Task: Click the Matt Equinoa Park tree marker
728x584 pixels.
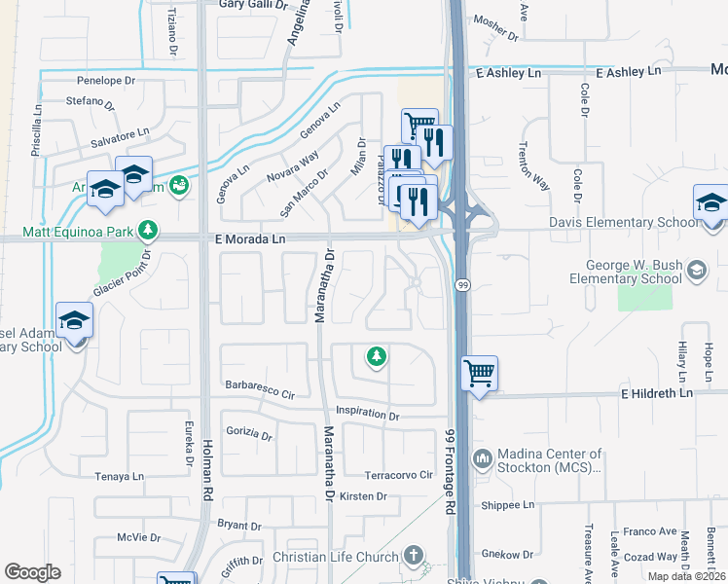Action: [147, 231]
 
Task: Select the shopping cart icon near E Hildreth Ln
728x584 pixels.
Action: [479, 373]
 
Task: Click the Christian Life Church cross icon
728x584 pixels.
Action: [414, 556]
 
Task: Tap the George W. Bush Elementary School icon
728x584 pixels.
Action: [696, 269]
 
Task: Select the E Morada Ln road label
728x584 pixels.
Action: [250, 238]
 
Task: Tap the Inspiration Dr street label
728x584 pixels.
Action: [368, 415]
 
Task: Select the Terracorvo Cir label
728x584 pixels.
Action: [397, 475]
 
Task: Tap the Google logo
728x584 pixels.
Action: [33, 572]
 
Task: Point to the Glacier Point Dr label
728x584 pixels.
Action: [122, 275]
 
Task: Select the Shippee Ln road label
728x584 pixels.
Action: [508, 505]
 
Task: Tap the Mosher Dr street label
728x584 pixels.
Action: [495, 27]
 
